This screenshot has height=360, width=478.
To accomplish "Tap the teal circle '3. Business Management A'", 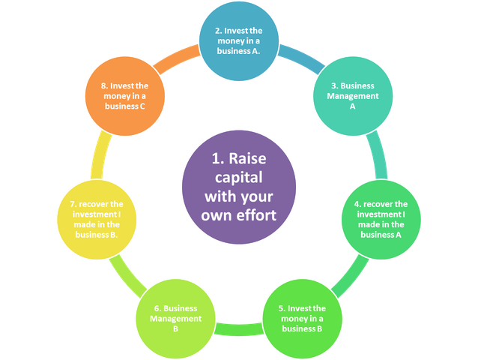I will click(351, 97).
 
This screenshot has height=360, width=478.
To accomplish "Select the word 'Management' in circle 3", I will click(351, 96).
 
